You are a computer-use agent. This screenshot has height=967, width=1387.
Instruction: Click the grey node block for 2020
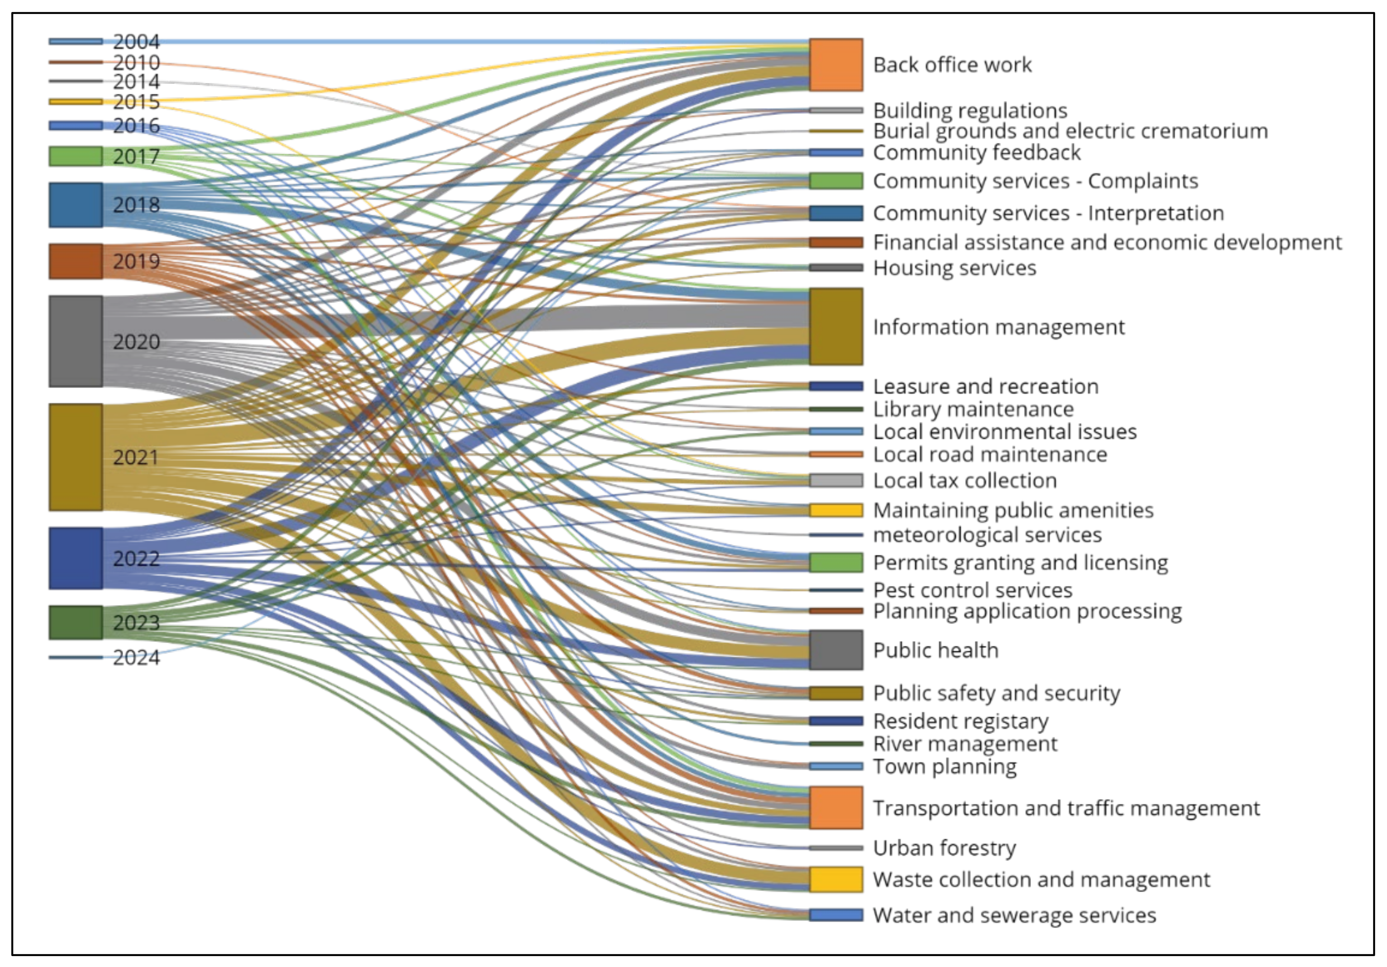(x=75, y=341)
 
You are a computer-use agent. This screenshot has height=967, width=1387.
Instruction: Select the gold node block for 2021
(x=75, y=457)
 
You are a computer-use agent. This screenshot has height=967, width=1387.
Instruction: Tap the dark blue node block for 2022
(x=75, y=558)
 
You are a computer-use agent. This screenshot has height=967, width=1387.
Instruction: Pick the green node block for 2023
(x=75, y=622)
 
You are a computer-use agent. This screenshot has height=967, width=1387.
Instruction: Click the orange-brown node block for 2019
(x=75, y=262)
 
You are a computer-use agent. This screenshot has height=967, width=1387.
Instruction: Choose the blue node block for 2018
(x=75, y=205)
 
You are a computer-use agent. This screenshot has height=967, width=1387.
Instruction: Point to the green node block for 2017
(x=75, y=156)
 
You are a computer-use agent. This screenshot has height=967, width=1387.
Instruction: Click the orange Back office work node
(x=836, y=65)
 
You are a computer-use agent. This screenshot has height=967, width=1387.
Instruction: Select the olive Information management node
(x=836, y=327)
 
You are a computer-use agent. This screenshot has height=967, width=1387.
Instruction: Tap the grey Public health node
(x=836, y=650)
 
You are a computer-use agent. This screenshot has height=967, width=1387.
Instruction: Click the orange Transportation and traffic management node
(x=836, y=807)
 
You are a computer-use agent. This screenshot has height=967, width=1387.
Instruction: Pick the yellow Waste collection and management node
(x=836, y=879)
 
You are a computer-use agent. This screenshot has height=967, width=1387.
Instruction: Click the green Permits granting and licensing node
(x=836, y=562)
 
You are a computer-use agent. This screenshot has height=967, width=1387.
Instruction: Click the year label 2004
(x=137, y=42)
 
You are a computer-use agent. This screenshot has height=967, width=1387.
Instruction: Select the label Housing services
(x=955, y=267)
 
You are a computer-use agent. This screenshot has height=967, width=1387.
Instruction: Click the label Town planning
(x=945, y=767)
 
